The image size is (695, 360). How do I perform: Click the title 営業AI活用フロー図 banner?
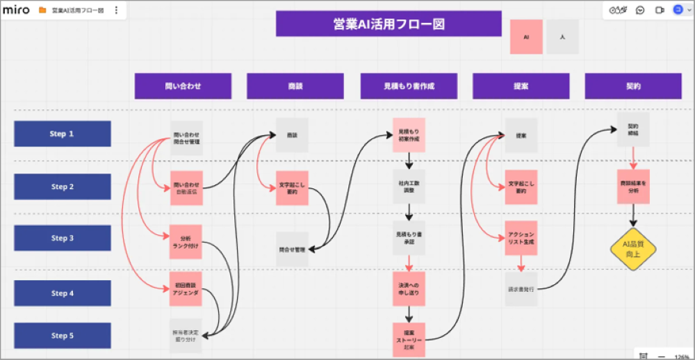(389, 24)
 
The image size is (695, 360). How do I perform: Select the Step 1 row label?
(63, 134)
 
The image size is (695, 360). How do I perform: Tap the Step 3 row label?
(63, 238)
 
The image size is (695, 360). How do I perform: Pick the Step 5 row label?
(63, 336)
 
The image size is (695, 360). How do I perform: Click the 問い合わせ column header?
(183, 86)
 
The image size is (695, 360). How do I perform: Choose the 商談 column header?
(295, 86)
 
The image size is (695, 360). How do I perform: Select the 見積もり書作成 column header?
(409, 86)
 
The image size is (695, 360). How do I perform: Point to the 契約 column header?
(633, 86)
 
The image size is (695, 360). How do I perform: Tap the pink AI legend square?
(527, 37)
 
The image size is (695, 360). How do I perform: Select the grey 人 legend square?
(562, 37)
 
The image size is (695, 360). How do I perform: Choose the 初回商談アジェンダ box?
(186, 289)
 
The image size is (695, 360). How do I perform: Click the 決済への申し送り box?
(409, 289)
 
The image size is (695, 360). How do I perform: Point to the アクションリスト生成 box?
(521, 238)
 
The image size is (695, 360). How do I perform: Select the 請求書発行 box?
(521, 289)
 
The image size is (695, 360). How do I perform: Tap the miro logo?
(16, 10)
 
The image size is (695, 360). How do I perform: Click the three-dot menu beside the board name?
(116, 10)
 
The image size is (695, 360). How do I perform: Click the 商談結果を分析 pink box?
(633, 186)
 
